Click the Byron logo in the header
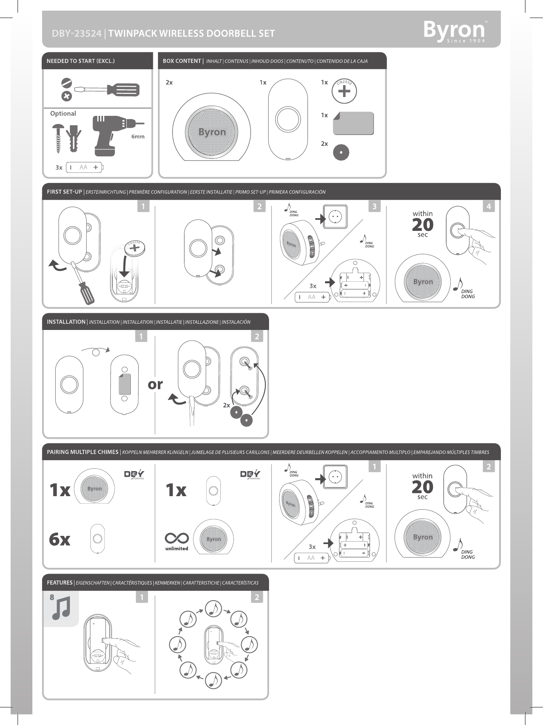pos(454,31)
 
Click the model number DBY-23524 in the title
pos(76,34)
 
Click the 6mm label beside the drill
pos(138,137)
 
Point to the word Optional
pos(63,113)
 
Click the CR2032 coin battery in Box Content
pos(344,91)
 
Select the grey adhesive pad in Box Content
pos(353,123)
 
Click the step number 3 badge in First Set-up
pos(374,206)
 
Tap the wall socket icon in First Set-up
pos(335,217)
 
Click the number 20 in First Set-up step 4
pos(422,224)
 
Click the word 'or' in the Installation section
pos(155,384)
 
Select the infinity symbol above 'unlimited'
pos(177,538)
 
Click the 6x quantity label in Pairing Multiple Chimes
pos(60,539)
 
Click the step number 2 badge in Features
pos(257,597)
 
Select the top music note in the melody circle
pos(213,609)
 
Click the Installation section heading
pos(66,322)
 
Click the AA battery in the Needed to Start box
pos(85,167)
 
